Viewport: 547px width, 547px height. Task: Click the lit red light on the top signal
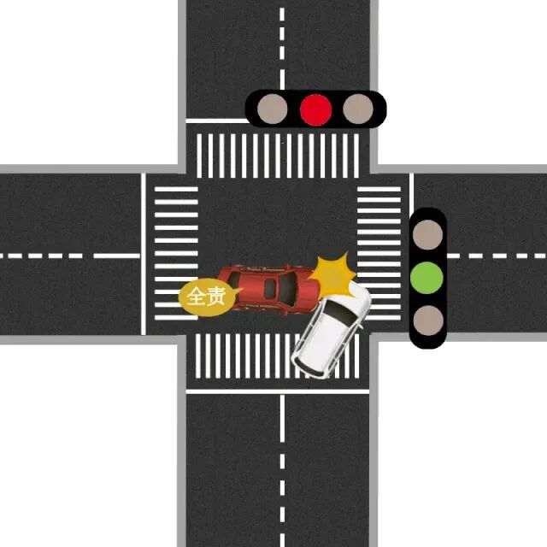(316, 109)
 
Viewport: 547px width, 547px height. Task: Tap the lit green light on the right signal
(427, 277)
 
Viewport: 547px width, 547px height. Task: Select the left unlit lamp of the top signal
(273, 109)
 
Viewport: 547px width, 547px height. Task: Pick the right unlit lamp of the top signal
(358, 109)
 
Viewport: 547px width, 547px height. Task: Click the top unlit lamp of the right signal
(427, 233)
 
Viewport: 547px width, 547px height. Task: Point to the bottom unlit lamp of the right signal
(427, 321)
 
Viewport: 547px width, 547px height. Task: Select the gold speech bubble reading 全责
(205, 297)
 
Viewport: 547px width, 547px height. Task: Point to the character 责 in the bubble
(215, 297)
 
